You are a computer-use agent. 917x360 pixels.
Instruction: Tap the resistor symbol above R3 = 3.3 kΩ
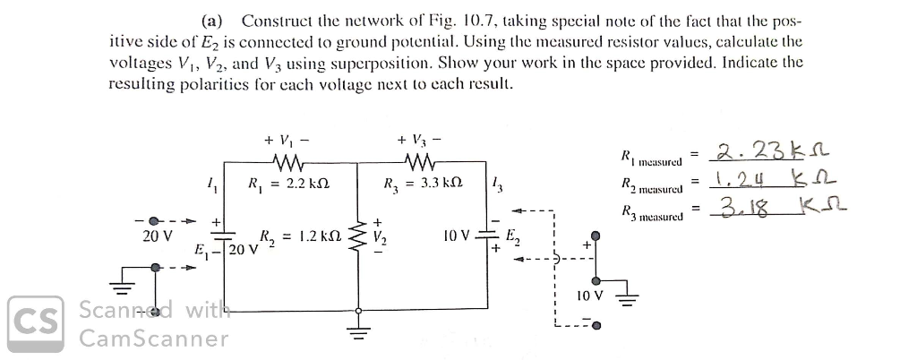tap(419, 163)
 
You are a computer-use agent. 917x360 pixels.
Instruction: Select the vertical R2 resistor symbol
tap(362, 237)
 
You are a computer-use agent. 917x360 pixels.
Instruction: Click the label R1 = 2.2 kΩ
tap(282, 184)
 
